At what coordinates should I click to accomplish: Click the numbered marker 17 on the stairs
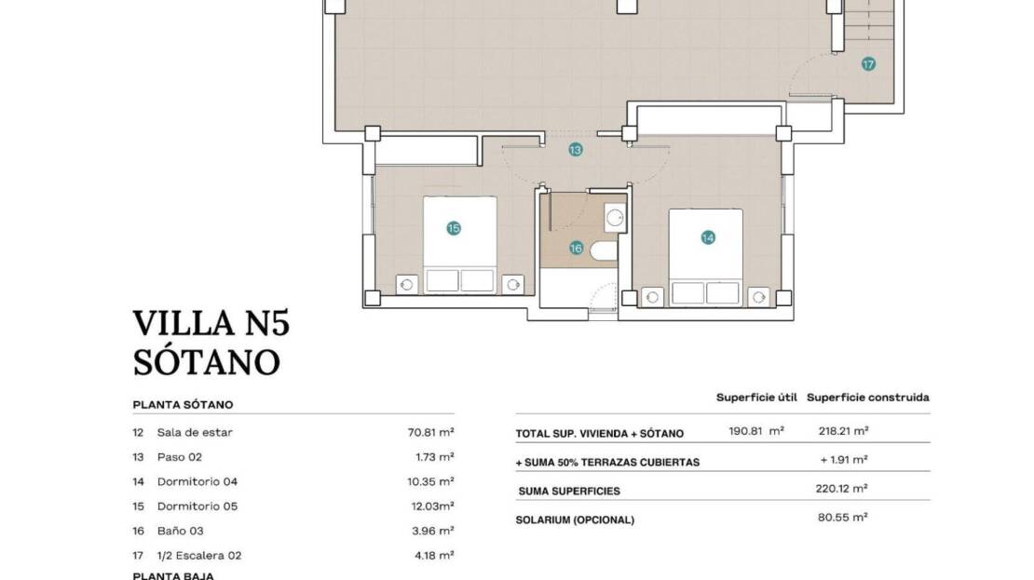click(868, 64)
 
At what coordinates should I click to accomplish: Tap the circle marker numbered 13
click(576, 150)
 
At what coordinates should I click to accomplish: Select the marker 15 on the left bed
click(454, 228)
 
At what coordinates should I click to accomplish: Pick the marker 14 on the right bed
click(708, 237)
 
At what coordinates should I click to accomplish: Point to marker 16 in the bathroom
click(577, 249)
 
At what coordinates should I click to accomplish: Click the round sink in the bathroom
click(615, 218)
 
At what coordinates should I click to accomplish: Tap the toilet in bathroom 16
click(604, 251)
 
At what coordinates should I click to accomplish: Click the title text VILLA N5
click(211, 324)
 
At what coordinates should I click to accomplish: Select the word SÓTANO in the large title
click(207, 362)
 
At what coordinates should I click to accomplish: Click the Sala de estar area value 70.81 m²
click(430, 432)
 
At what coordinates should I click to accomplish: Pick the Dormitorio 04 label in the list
click(197, 482)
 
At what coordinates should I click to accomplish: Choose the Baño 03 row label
click(180, 531)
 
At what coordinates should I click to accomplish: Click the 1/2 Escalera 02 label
click(199, 556)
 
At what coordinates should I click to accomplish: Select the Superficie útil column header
click(757, 398)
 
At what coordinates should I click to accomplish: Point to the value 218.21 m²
click(843, 431)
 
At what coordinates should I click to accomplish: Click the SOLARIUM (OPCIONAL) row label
click(575, 520)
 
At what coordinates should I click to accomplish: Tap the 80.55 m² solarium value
click(843, 518)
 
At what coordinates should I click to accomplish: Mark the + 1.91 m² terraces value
click(843, 460)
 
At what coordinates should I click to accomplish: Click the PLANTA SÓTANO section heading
click(183, 405)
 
